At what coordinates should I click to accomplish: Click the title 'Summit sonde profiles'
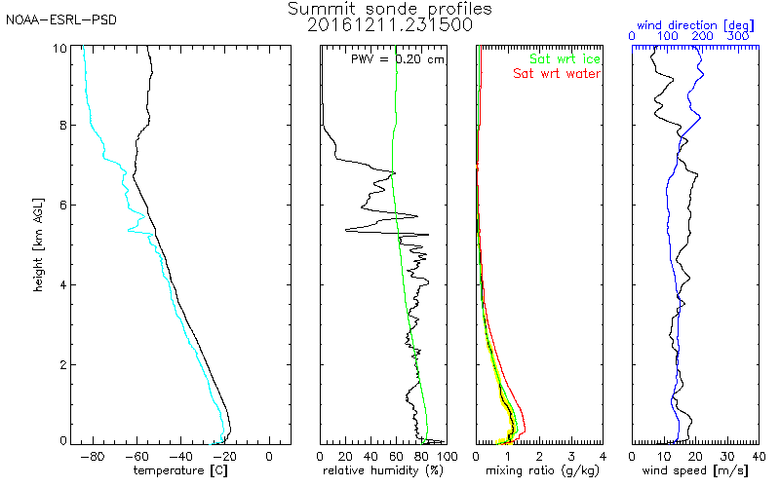click(390, 9)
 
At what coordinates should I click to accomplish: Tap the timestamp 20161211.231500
click(390, 25)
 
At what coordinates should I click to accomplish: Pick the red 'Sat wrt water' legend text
click(557, 74)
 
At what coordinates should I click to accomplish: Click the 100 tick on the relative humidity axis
click(447, 455)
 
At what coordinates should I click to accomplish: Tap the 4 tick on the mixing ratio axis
click(603, 455)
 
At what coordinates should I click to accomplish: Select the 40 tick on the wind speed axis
click(759, 455)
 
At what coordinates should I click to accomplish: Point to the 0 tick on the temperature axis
click(269, 455)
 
